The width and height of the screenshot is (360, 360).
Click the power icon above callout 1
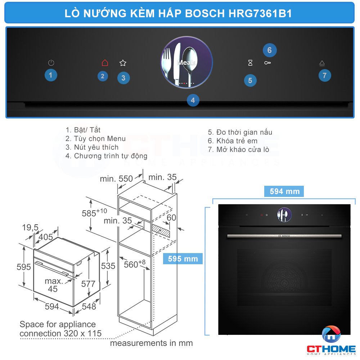pyautogui.click(x=51, y=63)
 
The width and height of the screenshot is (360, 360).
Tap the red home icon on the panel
pyautogui.click(x=105, y=63)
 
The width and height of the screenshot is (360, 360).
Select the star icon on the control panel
pyautogui.click(x=123, y=63)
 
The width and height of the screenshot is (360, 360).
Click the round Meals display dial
pyautogui.click(x=186, y=62)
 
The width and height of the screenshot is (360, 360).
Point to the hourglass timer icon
pyautogui.click(x=250, y=63)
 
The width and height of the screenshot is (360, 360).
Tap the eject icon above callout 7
pyautogui.click(x=322, y=63)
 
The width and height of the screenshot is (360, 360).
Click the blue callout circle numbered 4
pyautogui.click(x=193, y=100)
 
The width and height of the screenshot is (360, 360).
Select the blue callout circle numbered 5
pyautogui.click(x=250, y=81)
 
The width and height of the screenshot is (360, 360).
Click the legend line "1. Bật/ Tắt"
pyautogui.click(x=83, y=130)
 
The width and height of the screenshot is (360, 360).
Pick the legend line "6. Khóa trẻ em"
pyautogui.click(x=233, y=141)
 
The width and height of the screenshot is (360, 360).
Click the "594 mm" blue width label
pyautogui.click(x=284, y=192)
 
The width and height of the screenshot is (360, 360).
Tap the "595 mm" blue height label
pyautogui.click(x=183, y=258)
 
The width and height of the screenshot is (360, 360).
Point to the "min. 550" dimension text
pyautogui.click(x=116, y=178)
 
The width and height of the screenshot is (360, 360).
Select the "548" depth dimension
pyautogui.click(x=89, y=306)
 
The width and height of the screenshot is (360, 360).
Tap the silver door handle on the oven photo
pyautogui.click(x=284, y=236)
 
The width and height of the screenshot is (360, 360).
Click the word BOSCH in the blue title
pyautogui.click(x=206, y=13)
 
